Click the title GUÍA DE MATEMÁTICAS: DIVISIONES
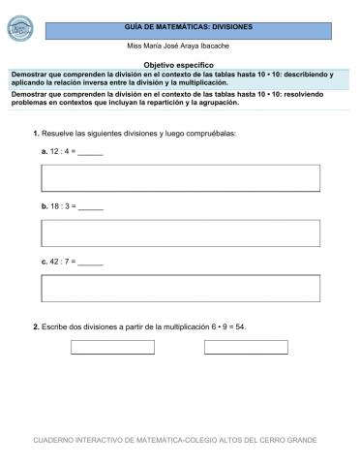click(x=188, y=28)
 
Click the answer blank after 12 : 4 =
click(x=90, y=153)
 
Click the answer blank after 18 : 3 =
click(x=90, y=207)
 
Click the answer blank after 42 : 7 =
click(x=90, y=262)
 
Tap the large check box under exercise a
click(x=180, y=178)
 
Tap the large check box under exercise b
click(x=180, y=232)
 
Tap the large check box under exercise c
click(x=180, y=288)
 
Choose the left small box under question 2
click(x=112, y=347)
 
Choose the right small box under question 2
click(x=246, y=347)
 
